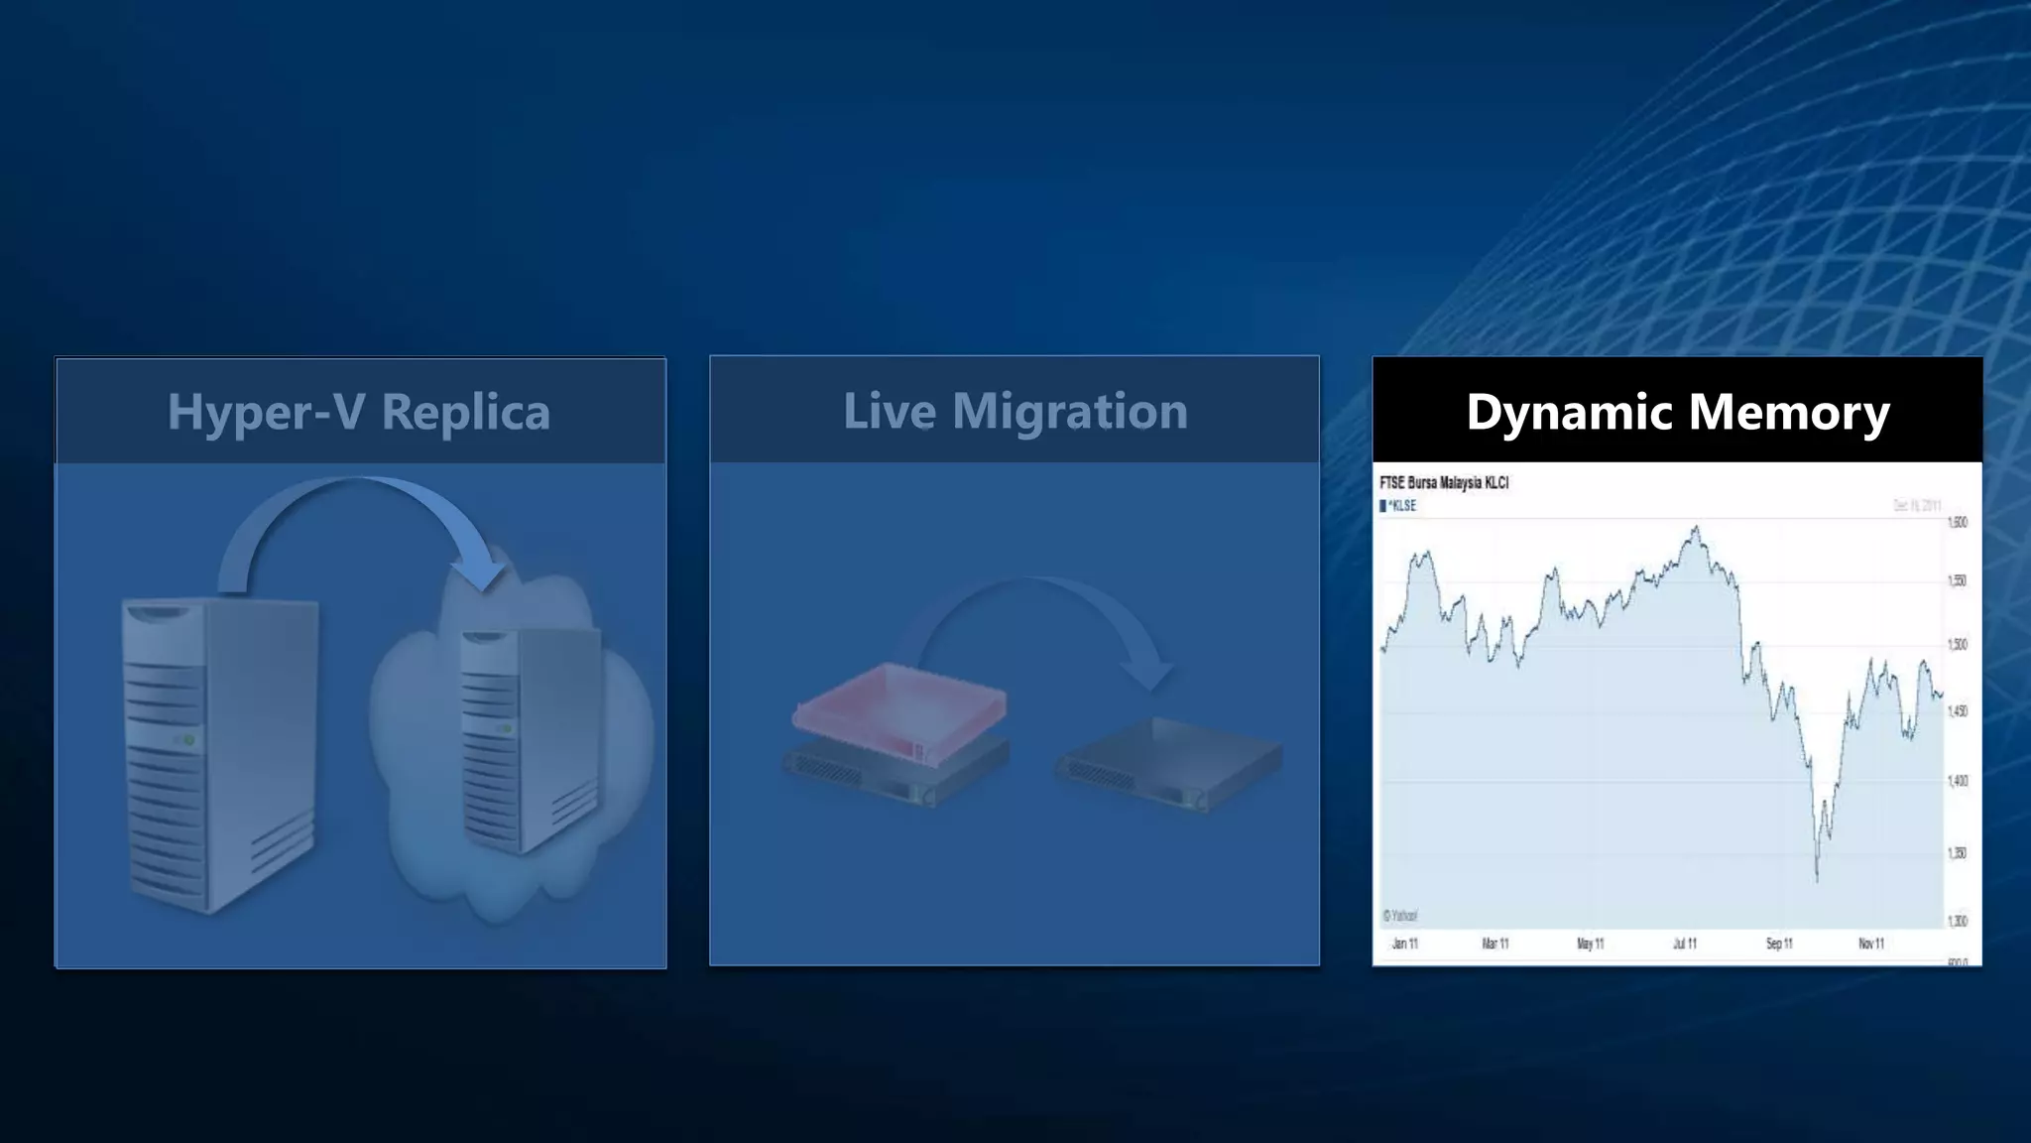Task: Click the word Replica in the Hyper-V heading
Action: pos(465,412)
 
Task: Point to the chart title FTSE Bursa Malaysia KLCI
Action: pos(1444,483)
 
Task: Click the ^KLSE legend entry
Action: pos(1399,506)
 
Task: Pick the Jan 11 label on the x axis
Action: pos(1404,944)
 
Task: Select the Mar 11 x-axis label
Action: pos(1495,944)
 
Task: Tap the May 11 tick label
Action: pos(1591,944)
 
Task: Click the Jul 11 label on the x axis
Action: pos(1685,944)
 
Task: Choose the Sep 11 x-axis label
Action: pos(1779,944)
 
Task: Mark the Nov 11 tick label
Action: pos(1871,944)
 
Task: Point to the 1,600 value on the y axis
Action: pos(1958,523)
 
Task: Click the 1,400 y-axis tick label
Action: pos(1958,782)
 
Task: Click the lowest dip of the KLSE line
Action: pos(1817,878)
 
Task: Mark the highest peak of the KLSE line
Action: pos(1696,528)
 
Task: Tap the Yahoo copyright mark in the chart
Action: pos(1400,916)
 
